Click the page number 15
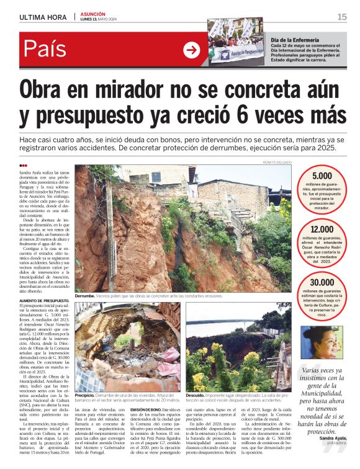(342, 17)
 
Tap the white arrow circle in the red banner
(192, 50)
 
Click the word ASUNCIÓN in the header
(92, 13)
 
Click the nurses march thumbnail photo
(236, 40)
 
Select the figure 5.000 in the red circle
(322, 176)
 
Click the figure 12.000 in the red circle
(322, 229)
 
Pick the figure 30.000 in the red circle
(322, 283)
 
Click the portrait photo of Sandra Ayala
(323, 342)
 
